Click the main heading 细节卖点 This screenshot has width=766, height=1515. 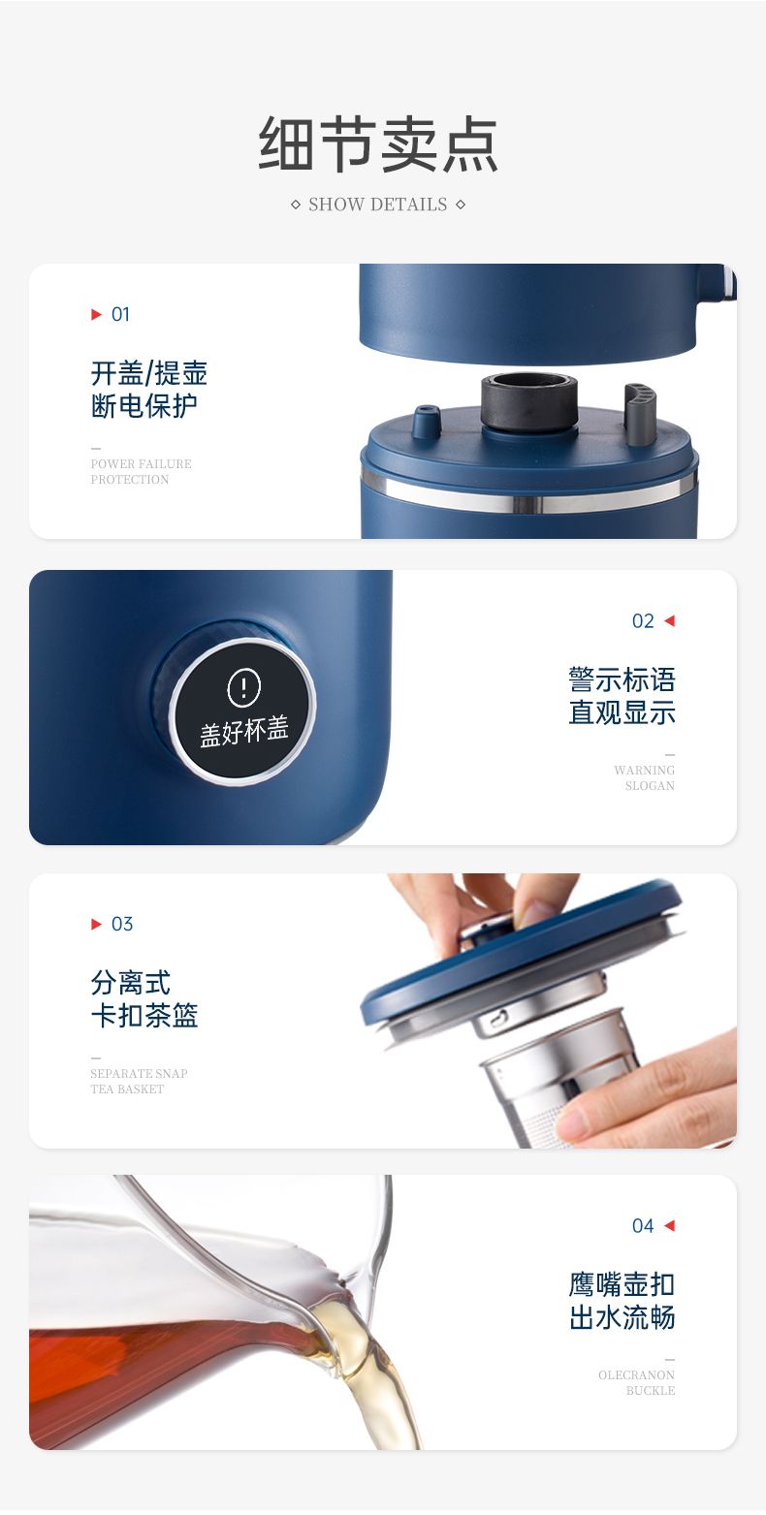tap(378, 144)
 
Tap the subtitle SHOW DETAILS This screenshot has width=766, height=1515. tap(377, 205)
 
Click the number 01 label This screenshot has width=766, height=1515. tap(120, 314)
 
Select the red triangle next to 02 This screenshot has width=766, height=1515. tap(669, 621)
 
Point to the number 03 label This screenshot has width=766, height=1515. tap(122, 924)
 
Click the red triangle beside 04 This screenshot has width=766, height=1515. tap(669, 1225)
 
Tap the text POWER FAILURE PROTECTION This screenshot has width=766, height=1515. tap(141, 471)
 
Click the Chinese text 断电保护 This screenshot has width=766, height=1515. tap(144, 406)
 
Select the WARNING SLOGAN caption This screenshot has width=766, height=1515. tap(644, 777)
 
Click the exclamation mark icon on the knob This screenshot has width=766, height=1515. tap(243, 687)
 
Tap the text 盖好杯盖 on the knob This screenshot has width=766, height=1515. tap(244, 731)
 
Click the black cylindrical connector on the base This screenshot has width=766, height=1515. tap(528, 401)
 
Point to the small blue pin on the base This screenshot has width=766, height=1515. tap(427, 421)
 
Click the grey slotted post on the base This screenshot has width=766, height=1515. tap(639, 413)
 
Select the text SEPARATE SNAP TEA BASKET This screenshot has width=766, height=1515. tap(139, 1081)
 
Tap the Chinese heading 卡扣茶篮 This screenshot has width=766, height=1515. tap(144, 1015)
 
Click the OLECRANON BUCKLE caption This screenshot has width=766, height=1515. tap(637, 1382)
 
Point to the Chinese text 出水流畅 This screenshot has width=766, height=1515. tap(622, 1317)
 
